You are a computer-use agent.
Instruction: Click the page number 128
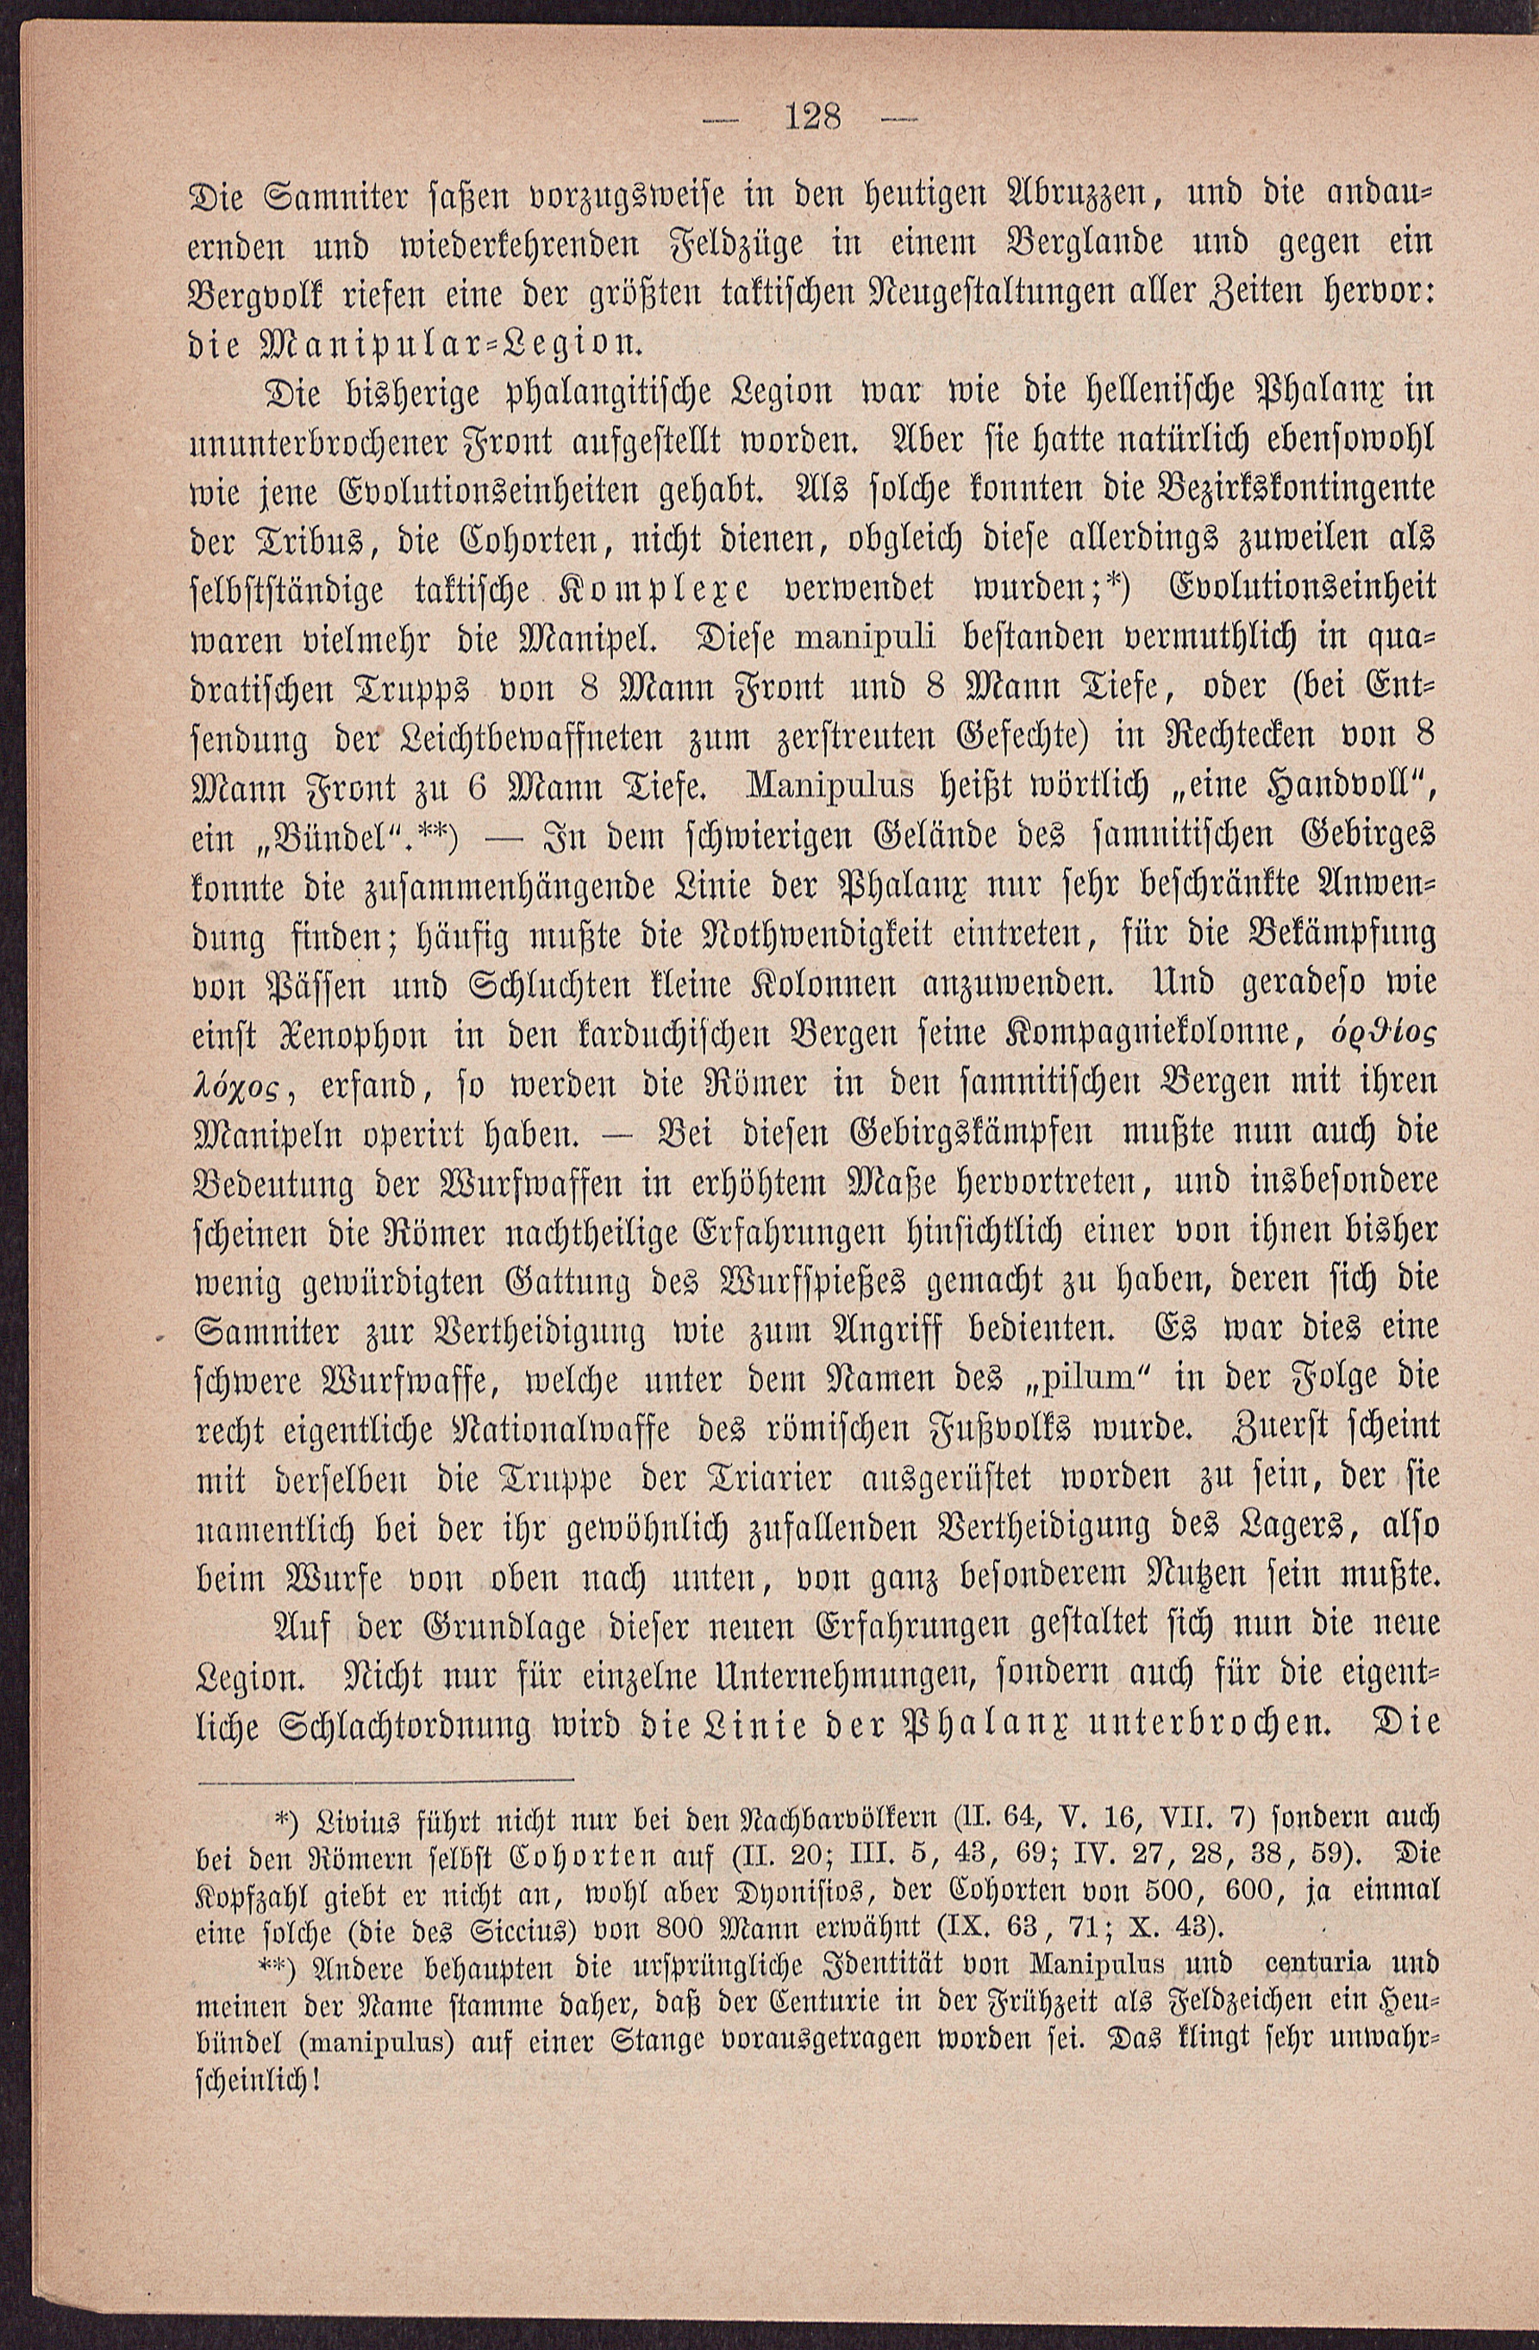(x=811, y=121)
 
